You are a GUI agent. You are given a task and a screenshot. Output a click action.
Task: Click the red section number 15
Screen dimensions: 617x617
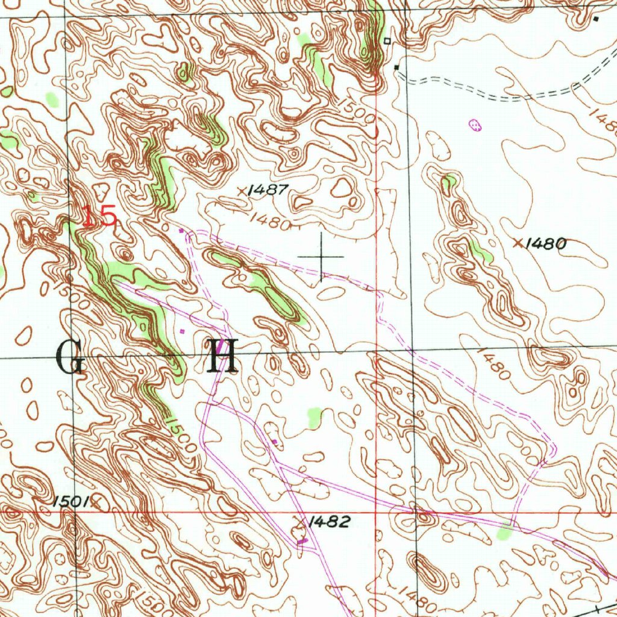(x=99, y=216)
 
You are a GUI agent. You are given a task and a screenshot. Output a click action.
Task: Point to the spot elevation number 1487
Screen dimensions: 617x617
(x=268, y=190)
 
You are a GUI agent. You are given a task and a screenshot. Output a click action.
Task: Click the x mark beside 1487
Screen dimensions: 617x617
(x=242, y=191)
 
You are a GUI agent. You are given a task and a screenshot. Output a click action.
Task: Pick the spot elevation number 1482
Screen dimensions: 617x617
(x=328, y=522)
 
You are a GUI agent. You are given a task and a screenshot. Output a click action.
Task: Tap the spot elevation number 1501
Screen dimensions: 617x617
(x=70, y=501)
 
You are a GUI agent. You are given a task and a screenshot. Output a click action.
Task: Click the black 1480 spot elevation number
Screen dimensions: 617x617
(x=546, y=244)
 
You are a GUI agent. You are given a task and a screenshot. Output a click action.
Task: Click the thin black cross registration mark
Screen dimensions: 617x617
(x=321, y=257)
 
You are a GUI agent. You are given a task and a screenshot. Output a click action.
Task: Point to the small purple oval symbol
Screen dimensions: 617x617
(x=475, y=125)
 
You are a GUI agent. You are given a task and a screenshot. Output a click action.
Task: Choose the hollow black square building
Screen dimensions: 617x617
(x=387, y=41)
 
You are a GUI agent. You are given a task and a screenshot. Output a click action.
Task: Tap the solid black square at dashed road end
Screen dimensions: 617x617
(x=396, y=67)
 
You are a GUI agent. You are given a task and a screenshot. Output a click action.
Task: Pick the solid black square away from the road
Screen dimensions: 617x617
(x=596, y=19)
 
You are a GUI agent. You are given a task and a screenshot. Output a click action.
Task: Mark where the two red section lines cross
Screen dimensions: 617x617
(x=376, y=512)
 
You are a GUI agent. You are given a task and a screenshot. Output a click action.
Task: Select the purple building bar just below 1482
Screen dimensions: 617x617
(x=302, y=542)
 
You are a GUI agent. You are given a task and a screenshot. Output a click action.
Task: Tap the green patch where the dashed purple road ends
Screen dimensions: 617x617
(x=505, y=532)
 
